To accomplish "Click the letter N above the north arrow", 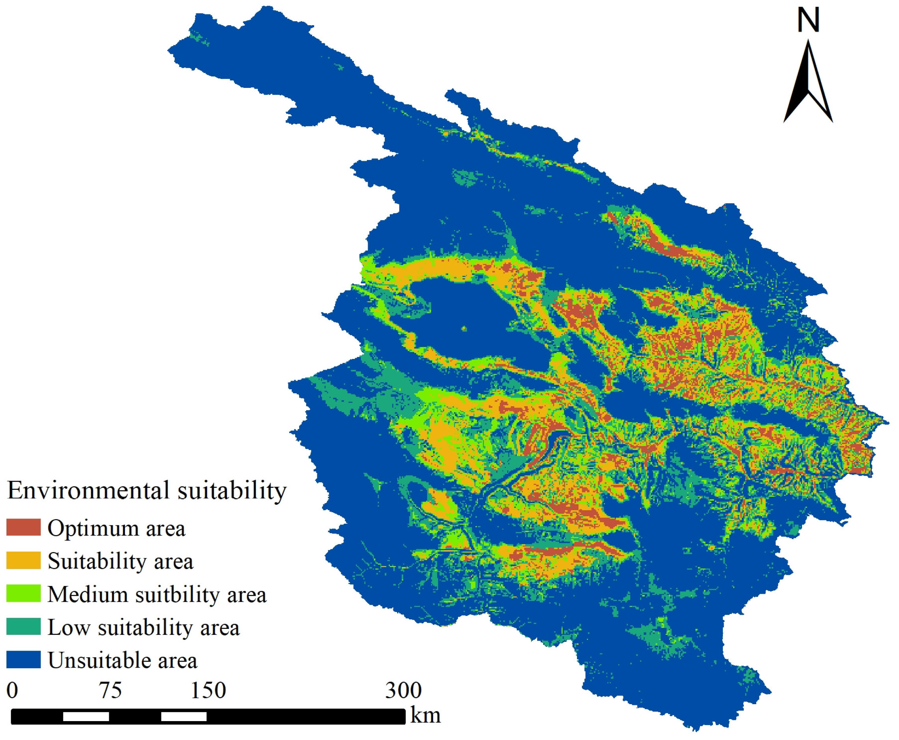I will [808, 20].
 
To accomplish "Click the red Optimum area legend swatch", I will [23, 527].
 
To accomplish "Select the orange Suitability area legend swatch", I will [23, 560].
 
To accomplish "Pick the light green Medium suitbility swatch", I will [23, 593].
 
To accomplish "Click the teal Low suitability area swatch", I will [23, 626].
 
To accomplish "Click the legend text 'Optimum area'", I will [116, 528].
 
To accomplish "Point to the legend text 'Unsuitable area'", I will [122, 660].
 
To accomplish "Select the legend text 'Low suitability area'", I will [143, 627].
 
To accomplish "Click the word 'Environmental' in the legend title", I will [88, 490].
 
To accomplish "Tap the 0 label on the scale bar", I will [12, 691].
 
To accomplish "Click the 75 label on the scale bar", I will [110, 691].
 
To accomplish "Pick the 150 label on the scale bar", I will [208, 691].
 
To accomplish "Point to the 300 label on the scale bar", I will [403, 691].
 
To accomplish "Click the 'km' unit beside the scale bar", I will [425, 715].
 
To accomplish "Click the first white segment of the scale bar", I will [86, 717].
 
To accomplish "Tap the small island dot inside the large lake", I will [464, 329].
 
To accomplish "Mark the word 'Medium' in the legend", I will [87, 594].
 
